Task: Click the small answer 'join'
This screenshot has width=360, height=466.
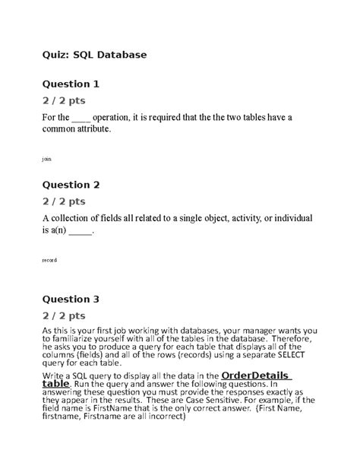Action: [x=47, y=160]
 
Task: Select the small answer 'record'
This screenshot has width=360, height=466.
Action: [x=49, y=260]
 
